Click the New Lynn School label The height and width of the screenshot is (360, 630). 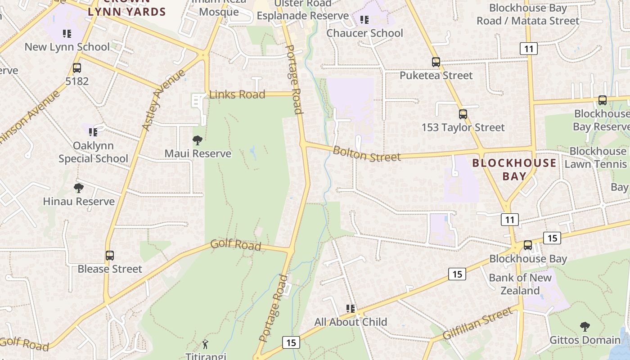click(67, 47)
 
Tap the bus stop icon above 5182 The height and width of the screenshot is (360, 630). click(77, 68)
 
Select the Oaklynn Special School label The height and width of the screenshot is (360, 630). click(93, 152)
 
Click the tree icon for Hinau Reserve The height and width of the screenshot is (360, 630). click(79, 188)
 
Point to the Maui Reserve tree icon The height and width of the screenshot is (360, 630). click(197, 140)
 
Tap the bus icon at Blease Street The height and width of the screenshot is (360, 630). click(110, 256)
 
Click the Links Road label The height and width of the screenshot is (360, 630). click(237, 94)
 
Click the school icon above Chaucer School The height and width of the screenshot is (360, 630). click(364, 20)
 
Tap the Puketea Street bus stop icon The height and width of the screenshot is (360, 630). click(436, 62)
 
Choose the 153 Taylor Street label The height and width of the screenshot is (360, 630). click(463, 127)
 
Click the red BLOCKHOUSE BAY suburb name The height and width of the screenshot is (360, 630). click(514, 169)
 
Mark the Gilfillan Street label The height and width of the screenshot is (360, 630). click(477, 323)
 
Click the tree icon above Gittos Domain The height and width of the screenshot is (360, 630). click(585, 327)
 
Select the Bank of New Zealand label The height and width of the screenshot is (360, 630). click(520, 284)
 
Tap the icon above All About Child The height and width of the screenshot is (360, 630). click(351, 309)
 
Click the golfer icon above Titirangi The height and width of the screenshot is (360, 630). click(206, 345)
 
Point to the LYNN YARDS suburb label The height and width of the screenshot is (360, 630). click(127, 11)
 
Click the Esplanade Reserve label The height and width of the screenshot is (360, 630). click(302, 16)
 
